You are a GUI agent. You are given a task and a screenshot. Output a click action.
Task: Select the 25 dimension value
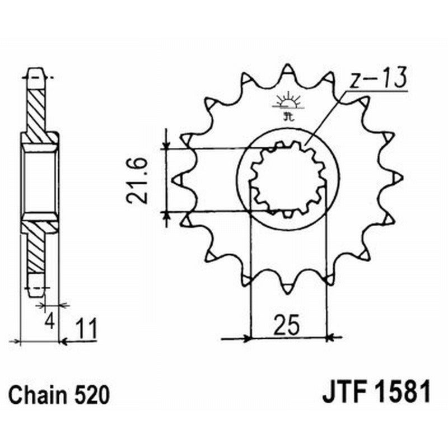coord(287,324)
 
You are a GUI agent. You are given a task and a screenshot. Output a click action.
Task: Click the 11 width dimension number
coord(86,327)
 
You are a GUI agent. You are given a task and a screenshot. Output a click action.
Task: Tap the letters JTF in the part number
coord(342,393)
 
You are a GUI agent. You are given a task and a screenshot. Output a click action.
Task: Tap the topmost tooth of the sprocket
coord(288,71)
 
